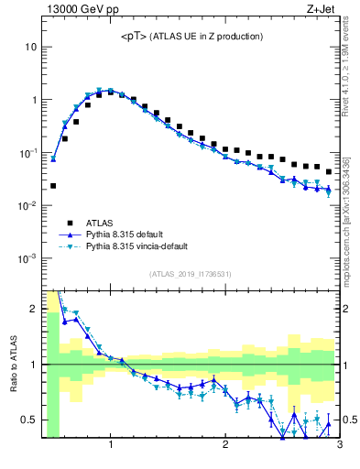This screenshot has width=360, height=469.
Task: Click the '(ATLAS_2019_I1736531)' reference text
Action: point(191,274)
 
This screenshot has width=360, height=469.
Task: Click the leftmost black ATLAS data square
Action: point(53,186)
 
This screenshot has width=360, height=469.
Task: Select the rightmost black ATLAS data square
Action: point(329,172)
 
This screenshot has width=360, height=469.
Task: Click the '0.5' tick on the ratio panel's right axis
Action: point(350,420)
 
